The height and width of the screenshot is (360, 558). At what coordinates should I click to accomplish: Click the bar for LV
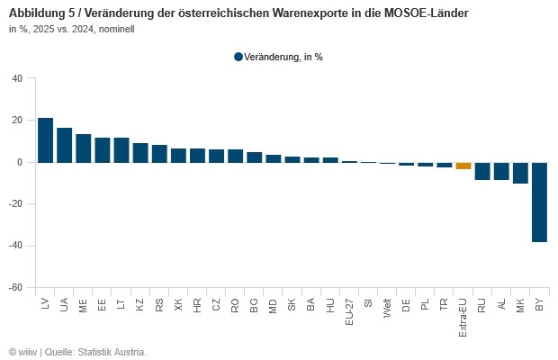click(x=45, y=140)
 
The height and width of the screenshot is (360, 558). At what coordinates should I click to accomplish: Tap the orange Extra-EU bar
click(x=463, y=166)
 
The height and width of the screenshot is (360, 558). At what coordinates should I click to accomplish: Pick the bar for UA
click(x=65, y=145)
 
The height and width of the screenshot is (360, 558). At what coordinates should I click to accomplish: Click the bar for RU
click(x=482, y=171)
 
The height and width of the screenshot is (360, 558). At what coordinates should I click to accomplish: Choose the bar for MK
click(x=520, y=173)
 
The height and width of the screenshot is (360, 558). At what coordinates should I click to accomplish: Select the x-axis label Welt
click(x=387, y=309)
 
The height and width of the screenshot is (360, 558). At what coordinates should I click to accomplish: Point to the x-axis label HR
click(x=197, y=306)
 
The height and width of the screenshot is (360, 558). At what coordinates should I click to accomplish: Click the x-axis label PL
click(x=425, y=305)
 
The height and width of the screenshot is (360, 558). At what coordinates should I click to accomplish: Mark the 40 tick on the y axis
click(x=17, y=78)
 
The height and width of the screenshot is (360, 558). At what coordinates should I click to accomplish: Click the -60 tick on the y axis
click(x=15, y=288)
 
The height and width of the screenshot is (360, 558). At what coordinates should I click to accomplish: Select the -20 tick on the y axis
click(x=15, y=204)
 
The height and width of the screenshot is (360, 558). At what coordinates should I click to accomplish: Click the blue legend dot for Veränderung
click(x=238, y=57)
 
